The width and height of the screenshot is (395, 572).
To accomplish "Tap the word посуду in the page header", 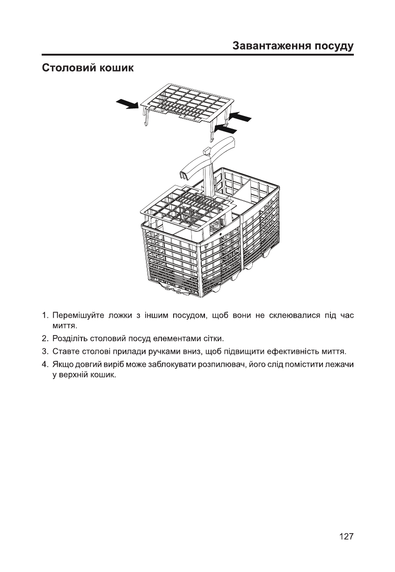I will pyautogui.click(x=332, y=47).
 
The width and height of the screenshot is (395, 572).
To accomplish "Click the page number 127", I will pyautogui.click(x=346, y=536).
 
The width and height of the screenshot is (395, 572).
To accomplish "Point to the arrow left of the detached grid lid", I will pyautogui.click(x=127, y=103).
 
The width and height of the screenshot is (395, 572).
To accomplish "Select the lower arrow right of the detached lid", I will pyautogui.click(x=226, y=128).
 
